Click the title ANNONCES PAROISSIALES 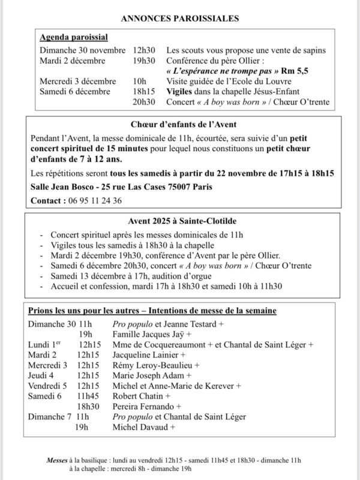point(180,19)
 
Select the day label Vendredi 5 point(48,386)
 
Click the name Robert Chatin point(139,396)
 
